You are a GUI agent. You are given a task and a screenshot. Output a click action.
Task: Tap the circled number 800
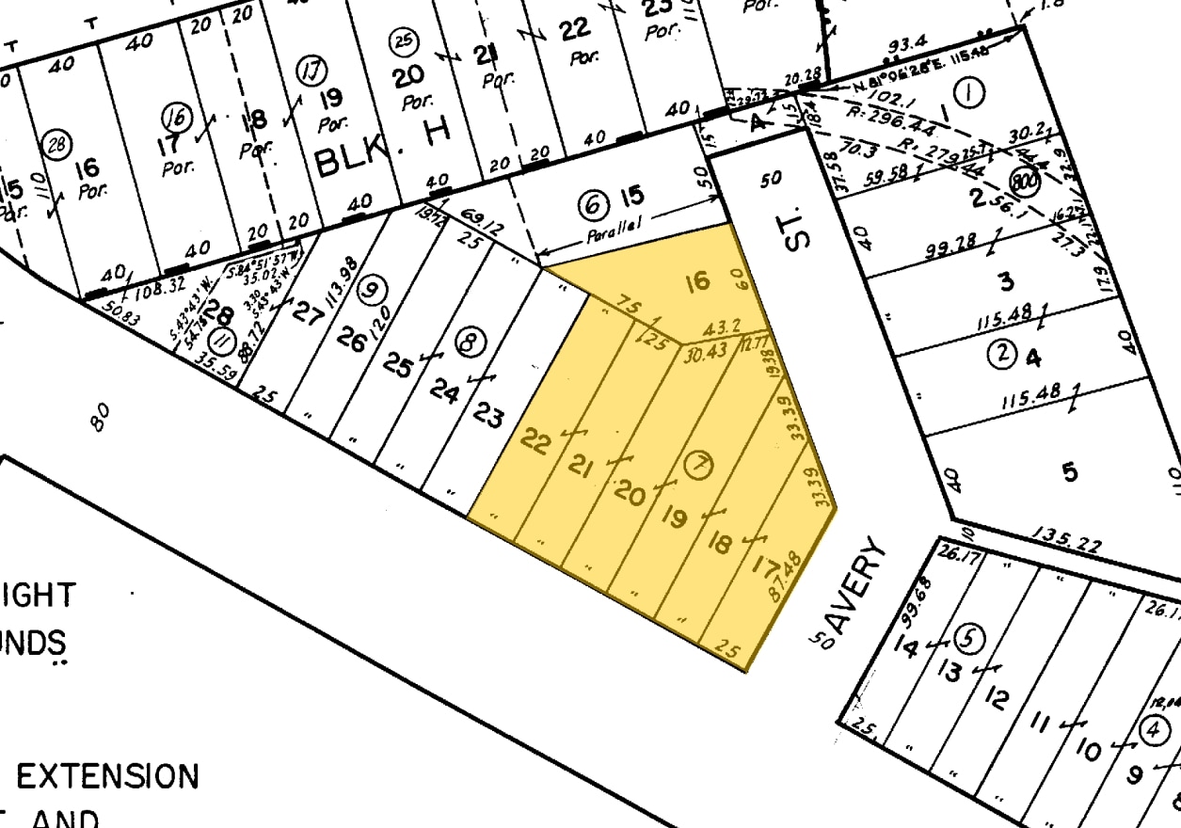(1024, 180)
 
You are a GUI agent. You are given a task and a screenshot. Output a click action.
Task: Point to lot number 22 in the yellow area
(535, 441)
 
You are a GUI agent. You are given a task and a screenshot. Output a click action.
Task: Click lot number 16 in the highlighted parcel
(696, 281)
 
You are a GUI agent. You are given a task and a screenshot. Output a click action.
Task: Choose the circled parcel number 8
(468, 343)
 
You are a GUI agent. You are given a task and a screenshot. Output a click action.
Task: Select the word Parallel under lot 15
(614, 233)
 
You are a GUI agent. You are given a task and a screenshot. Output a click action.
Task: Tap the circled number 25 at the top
(402, 41)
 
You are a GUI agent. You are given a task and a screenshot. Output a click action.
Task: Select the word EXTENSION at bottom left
(108, 777)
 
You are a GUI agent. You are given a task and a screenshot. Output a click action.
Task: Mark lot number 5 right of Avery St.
(1070, 471)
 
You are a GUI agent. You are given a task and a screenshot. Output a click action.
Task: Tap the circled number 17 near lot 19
(310, 71)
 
